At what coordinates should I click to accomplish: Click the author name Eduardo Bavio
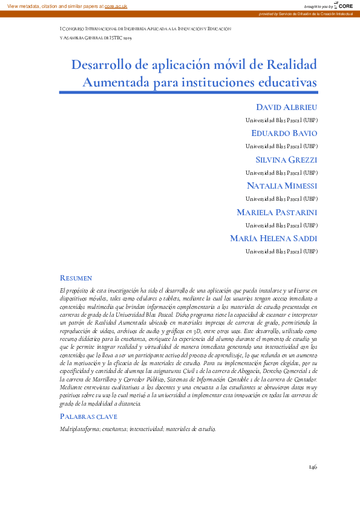click(x=284, y=133)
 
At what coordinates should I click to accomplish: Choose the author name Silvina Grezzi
click(x=287, y=160)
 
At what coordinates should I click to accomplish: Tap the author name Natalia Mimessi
click(x=282, y=186)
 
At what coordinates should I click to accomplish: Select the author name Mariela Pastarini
click(x=277, y=212)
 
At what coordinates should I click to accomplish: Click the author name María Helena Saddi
click(x=273, y=238)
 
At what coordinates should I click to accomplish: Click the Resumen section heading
click(x=76, y=278)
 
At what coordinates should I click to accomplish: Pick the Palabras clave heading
click(x=88, y=417)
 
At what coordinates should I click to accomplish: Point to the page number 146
click(x=312, y=467)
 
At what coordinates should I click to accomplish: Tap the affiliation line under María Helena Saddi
click(x=281, y=251)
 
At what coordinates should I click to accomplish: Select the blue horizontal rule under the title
click(x=188, y=92)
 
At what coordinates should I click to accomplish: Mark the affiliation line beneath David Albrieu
click(x=281, y=120)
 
